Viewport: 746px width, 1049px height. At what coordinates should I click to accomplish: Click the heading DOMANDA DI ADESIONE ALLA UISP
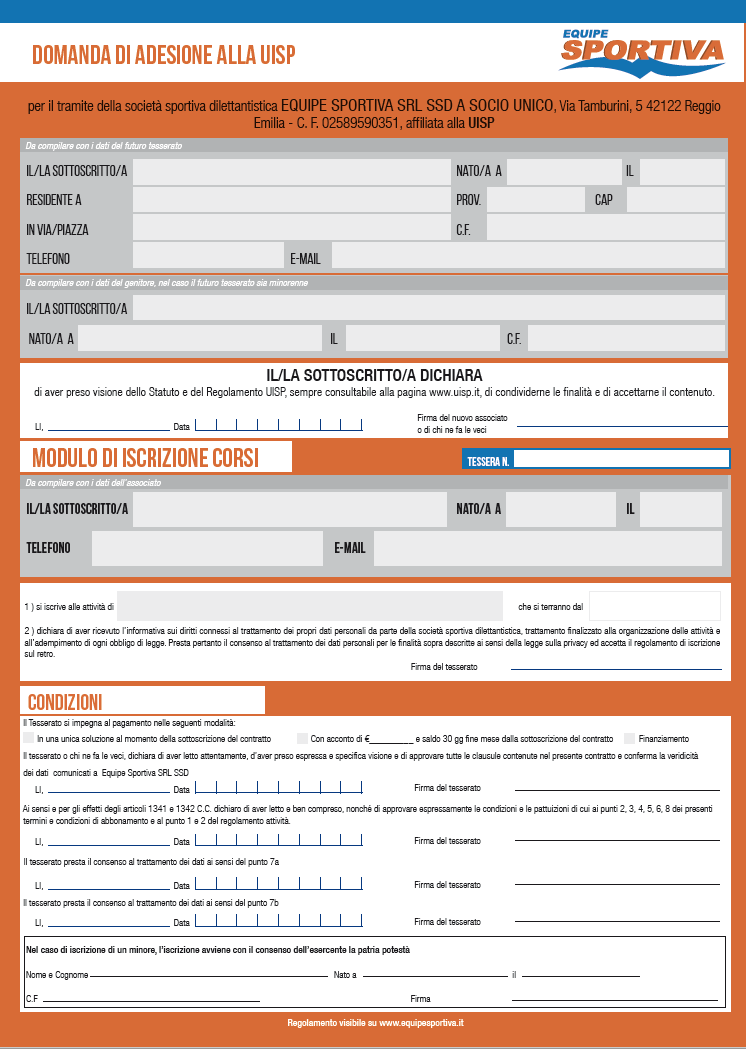164,54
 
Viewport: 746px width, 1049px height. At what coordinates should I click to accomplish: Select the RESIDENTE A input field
291,200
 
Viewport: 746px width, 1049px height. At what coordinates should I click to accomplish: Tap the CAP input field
675,200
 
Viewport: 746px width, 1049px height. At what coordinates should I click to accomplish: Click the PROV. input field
534,200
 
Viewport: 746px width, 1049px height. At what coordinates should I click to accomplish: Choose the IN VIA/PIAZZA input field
291,229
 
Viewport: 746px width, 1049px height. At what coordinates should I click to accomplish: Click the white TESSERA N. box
621,460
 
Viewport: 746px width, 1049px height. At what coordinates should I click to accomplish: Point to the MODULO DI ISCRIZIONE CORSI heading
146,458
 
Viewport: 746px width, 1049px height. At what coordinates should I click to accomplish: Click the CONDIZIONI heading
65,702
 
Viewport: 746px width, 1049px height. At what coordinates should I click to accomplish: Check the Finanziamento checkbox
630,739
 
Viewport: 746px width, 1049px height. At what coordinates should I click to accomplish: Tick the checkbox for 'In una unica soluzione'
28,739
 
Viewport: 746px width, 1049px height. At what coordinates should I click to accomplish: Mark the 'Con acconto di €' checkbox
302,739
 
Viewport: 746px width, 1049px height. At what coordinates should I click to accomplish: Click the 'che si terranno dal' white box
654,606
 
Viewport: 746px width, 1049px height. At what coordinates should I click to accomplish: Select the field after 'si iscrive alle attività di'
310,606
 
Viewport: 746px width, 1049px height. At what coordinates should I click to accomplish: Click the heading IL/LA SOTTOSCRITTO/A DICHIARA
374,375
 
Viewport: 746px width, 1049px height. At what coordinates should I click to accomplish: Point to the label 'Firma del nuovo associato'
463,417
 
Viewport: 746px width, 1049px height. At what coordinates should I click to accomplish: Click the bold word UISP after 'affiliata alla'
481,123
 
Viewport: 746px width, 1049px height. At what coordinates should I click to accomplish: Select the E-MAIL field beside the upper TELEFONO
528,258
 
